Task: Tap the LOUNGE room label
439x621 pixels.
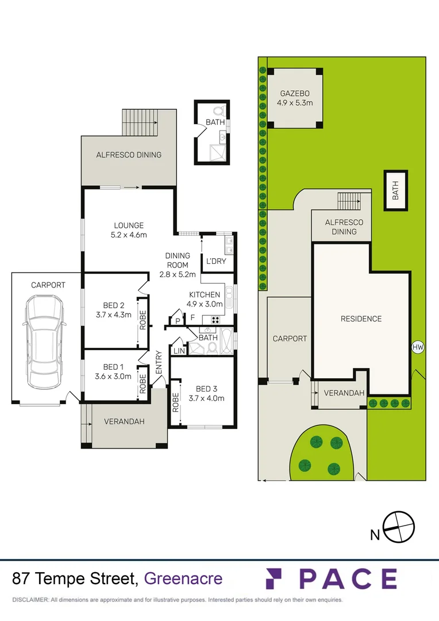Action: coord(128,225)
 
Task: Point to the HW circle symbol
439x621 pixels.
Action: coord(418,347)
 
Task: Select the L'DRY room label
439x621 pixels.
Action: coord(215,262)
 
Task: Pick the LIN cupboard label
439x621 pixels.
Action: coord(178,351)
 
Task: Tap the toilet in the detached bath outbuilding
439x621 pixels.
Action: coord(218,110)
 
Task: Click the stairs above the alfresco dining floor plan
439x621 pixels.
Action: coord(140,122)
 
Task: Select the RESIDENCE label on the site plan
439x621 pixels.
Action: coord(361,319)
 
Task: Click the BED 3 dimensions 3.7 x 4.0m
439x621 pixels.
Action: coord(206,398)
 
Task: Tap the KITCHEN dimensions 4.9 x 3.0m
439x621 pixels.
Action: coord(205,305)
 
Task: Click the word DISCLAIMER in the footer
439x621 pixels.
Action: coord(30,600)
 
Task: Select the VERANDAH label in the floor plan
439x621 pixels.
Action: coord(124,421)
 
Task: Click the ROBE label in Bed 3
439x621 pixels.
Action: coord(175,402)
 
